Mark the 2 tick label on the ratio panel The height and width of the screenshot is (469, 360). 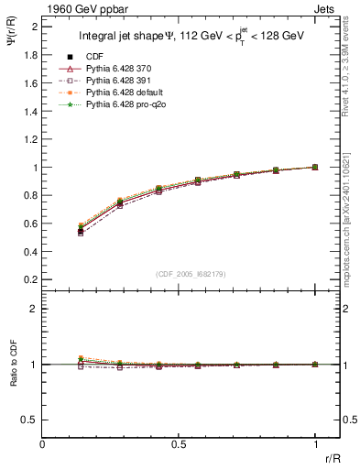point(33,309)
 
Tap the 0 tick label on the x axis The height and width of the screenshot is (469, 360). point(42,444)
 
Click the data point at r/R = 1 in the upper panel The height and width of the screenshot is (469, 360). point(315,167)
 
